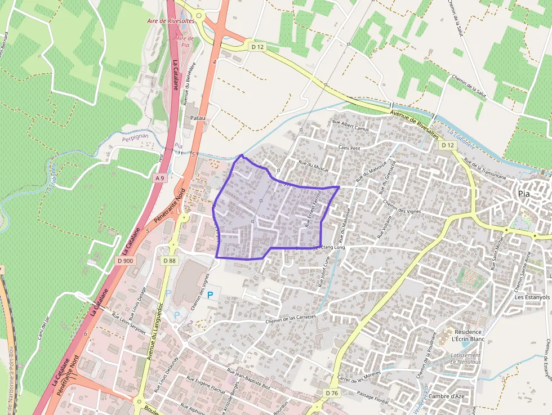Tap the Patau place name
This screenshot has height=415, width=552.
[x=198, y=118]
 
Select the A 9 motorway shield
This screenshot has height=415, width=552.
[x=159, y=178]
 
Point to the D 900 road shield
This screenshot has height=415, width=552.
[x=126, y=261]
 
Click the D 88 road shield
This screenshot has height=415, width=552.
[x=170, y=261]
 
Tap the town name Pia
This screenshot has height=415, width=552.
[x=524, y=194]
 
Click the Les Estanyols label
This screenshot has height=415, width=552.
[x=532, y=297]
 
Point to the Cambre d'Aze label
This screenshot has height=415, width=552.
[x=446, y=396]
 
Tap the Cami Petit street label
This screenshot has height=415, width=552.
[x=349, y=148]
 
